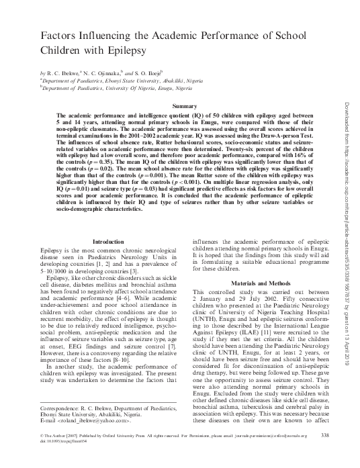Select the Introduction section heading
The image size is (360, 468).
pos(107,240)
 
